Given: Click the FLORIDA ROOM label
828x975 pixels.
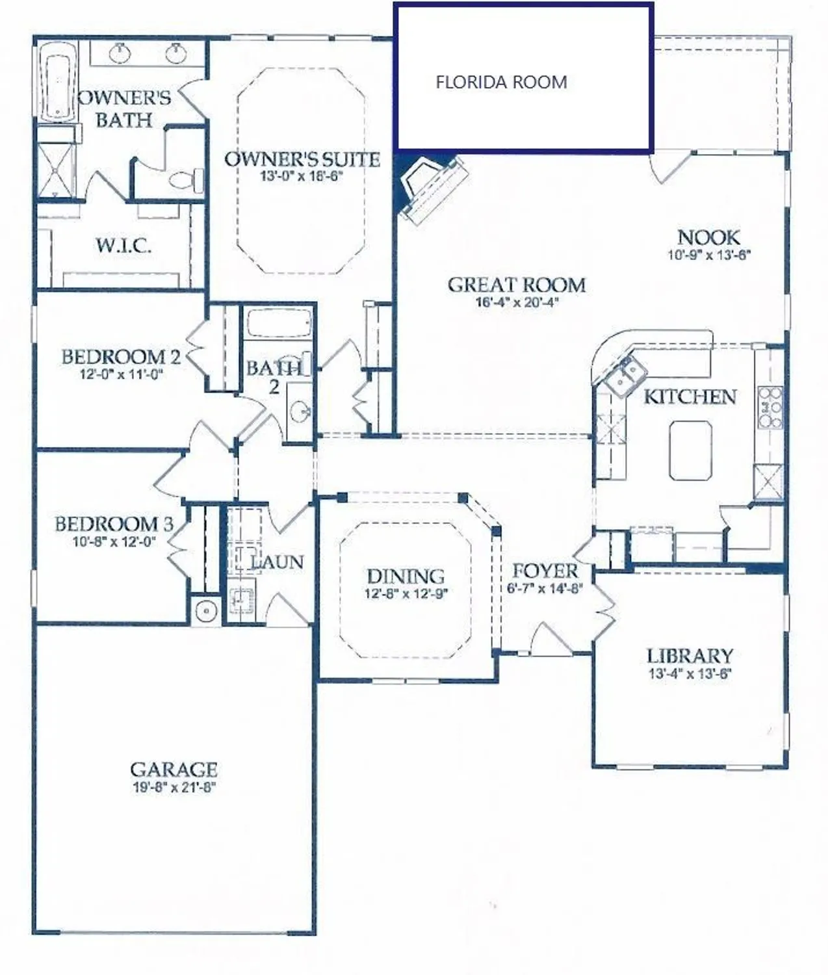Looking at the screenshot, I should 500,83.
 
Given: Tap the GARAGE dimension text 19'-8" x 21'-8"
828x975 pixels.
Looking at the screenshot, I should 174,787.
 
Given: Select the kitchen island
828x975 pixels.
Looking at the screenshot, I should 690,450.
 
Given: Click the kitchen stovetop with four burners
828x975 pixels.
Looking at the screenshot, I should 770,408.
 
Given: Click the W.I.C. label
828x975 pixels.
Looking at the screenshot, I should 123,246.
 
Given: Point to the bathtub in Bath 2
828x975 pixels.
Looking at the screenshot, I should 278,323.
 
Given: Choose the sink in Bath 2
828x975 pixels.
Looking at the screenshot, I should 300,410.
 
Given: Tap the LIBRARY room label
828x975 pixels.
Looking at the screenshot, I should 690,656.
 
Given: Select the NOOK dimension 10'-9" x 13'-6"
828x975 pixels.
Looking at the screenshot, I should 708,255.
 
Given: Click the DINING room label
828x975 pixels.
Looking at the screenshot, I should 406,576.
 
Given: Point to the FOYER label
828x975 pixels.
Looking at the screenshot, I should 545,571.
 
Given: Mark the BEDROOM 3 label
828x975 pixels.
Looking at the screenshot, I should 114,524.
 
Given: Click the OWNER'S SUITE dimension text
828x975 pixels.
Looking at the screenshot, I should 301,176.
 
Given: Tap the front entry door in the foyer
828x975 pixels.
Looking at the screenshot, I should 549,640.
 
